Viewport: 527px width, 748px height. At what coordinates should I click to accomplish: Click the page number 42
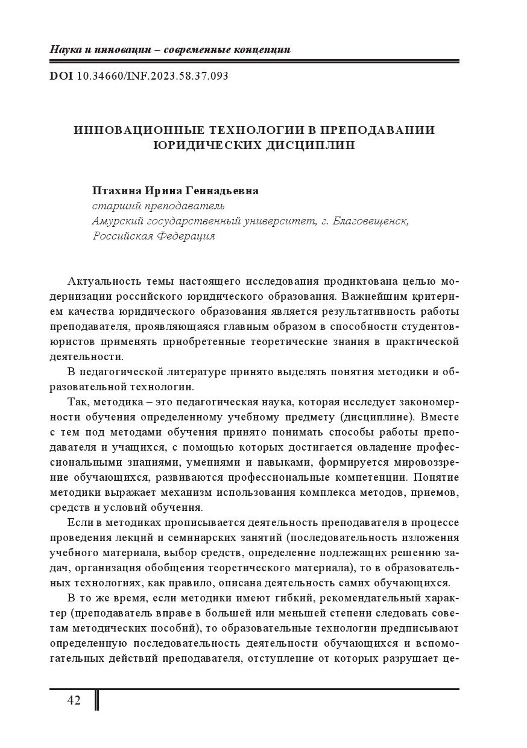74,700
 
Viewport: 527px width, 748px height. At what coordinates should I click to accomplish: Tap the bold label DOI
61,76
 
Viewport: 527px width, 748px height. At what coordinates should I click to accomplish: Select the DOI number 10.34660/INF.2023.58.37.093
153,76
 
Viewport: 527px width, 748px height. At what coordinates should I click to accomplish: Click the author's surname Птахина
116,191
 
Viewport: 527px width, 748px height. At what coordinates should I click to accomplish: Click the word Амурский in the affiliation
116,221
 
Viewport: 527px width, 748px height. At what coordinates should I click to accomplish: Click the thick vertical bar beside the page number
97,700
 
